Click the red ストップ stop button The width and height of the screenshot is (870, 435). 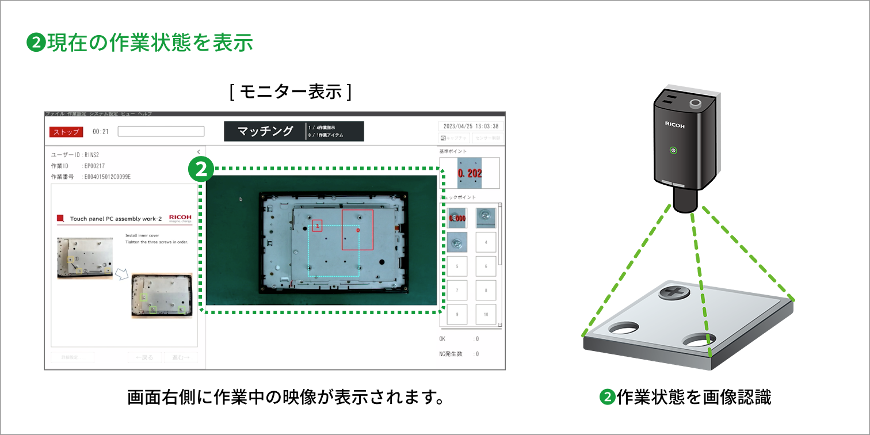pos(66,132)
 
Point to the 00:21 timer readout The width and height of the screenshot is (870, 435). pos(101,132)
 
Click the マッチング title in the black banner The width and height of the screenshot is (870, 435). pos(265,131)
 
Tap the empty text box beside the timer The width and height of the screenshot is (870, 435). pos(161,131)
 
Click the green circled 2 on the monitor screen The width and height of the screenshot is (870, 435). pos(201,169)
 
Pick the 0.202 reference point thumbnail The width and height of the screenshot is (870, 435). pos(470,173)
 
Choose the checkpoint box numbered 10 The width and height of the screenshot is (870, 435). pos(486,314)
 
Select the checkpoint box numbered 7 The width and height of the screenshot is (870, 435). pos(457,290)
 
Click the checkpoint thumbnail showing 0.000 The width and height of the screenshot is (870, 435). pos(457,218)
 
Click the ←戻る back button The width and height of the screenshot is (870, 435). pos(145,357)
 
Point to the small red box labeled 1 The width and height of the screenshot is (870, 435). pos(317,226)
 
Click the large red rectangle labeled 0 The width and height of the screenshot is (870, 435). pos(357,230)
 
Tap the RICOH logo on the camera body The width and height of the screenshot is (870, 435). pos(675,124)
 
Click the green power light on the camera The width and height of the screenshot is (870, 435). pos(673,151)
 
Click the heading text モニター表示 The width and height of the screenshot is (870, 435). pos(290,92)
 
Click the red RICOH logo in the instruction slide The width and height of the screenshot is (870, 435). pos(180,217)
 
